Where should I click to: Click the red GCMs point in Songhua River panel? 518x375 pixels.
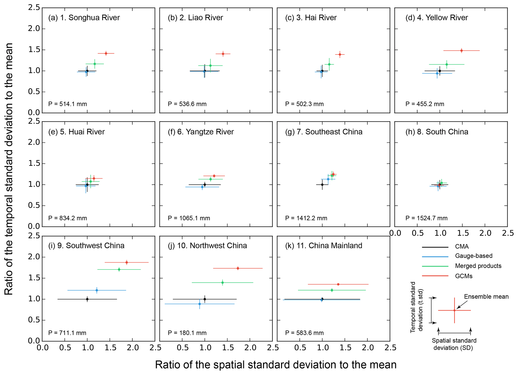coord(106,53)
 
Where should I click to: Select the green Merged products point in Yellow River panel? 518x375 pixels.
coord(447,64)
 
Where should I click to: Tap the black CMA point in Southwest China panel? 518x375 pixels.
coord(87,299)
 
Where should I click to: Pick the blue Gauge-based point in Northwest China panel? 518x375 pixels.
coord(199,304)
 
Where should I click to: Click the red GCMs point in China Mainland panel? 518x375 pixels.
coord(338,284)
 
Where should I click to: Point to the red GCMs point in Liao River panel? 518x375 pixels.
coord(223,54)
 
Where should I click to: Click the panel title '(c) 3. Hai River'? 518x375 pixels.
coord(311,18)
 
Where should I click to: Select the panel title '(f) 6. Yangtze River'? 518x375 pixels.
coord(201,132)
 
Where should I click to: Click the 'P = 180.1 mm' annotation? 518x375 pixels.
coord(187,333)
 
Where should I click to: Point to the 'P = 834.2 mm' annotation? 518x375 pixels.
coord(68,218)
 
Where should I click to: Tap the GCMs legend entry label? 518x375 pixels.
coord(464,276)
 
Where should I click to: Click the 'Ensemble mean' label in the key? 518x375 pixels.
coord(486,297)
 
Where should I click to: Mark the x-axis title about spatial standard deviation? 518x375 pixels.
coord(276,365)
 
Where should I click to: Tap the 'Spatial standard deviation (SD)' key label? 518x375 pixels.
coord(454,344)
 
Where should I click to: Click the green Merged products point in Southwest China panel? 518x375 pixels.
coord(119,269)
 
